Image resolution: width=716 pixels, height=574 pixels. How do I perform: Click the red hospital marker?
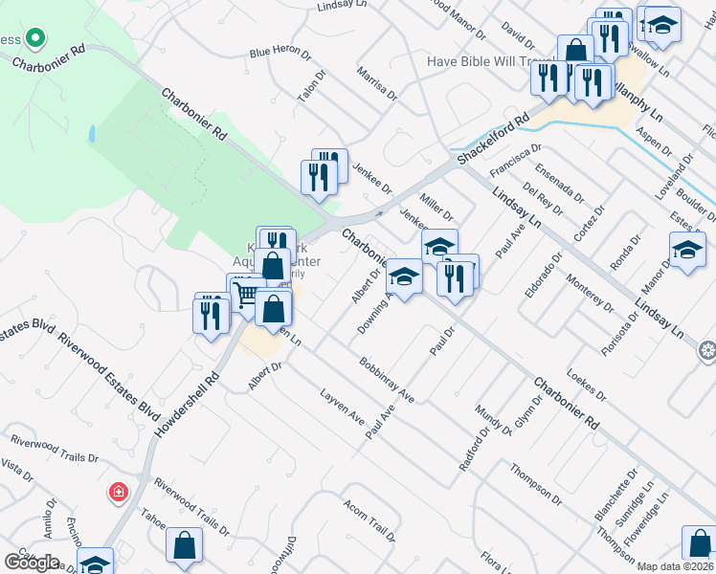coord(118,492)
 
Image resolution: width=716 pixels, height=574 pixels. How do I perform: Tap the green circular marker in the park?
coord(35,39)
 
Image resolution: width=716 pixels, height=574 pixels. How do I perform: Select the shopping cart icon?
coord(247,296)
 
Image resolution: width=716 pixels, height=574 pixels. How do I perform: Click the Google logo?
coord(32,563)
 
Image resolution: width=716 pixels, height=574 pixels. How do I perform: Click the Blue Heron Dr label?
coord(278,54)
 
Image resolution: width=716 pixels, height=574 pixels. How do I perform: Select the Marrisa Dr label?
coord(376,83)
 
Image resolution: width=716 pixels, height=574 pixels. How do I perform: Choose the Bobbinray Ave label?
coord(386,380)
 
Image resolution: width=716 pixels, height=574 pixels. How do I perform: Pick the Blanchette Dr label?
coord(615,495)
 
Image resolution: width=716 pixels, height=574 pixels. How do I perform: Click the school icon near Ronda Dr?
coord(687,252)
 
